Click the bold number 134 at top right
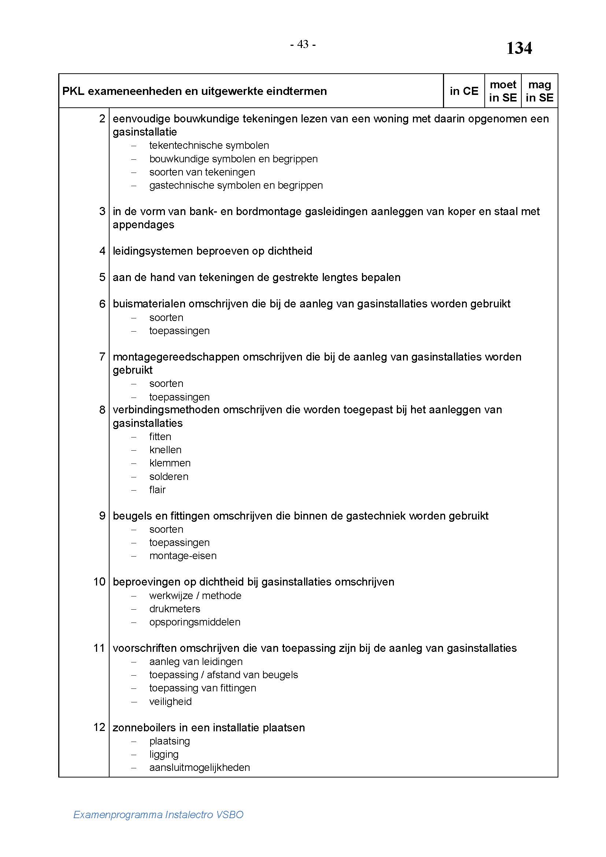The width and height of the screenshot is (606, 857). point(519,48)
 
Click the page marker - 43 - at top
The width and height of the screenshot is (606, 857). point(303,44)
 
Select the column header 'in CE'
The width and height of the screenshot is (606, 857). point(464,91)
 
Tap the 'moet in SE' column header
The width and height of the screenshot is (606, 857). point(503,91)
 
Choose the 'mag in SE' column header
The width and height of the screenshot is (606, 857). point(539,91)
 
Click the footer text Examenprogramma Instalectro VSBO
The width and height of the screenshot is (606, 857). point(158,814)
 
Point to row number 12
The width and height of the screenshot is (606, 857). point(99,727)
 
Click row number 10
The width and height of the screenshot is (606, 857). point(99,582)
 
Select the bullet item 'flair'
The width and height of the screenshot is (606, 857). point(157,490)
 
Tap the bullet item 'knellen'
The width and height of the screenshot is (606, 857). point(165,450)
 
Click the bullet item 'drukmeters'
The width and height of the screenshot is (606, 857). point(175,609)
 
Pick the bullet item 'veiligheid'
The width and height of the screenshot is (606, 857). point(170,701)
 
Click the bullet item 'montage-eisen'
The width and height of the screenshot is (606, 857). point(183,556)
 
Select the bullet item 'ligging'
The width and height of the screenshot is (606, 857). point(164,754)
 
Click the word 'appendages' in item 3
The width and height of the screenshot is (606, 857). point(143,225)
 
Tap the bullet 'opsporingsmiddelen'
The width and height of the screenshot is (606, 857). point(195,622)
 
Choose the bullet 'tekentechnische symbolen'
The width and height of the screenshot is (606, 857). point(209,145)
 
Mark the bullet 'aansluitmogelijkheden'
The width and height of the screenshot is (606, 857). point(200,768)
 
